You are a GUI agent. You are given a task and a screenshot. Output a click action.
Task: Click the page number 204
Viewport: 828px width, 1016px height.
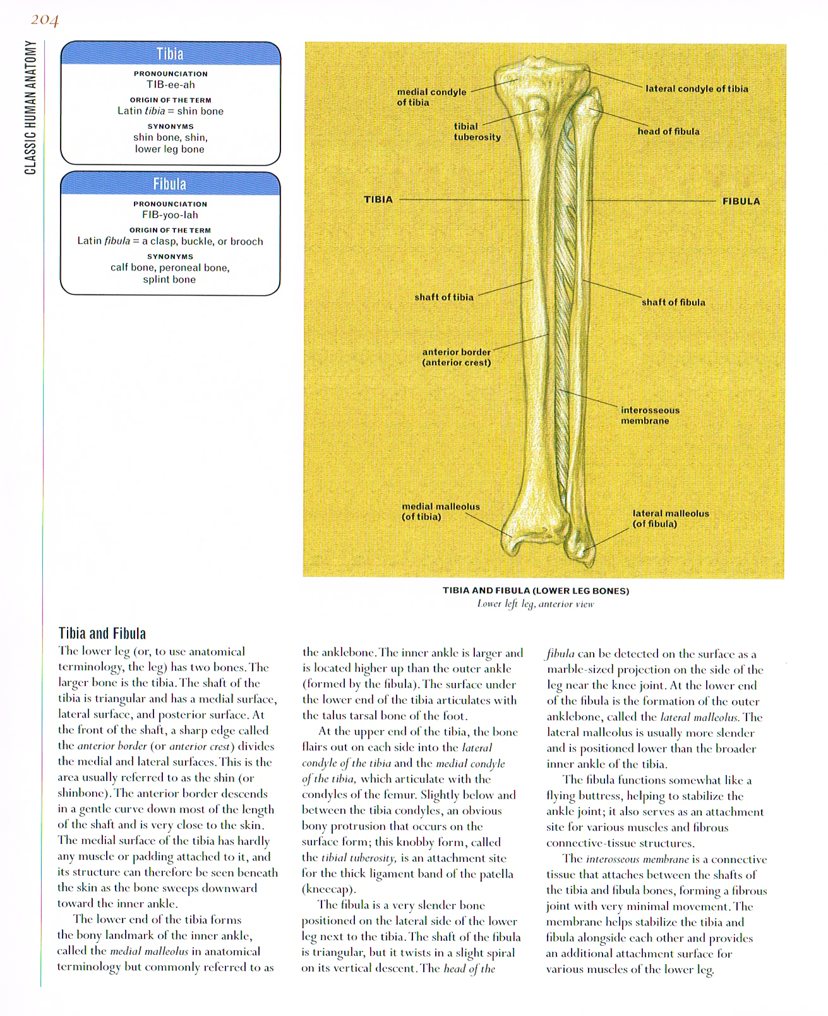pos(44,21)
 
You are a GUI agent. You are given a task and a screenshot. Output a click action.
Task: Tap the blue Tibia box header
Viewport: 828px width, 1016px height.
pos(170,54)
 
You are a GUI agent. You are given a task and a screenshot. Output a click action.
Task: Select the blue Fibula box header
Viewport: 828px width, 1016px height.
pos(170,184)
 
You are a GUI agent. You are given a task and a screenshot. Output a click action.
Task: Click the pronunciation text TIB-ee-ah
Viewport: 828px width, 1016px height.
pos(170,85)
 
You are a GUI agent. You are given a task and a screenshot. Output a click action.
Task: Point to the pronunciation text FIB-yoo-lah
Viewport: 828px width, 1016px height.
pos(170,215)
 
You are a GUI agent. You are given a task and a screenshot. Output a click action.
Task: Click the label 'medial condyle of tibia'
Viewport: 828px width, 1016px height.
pos(431,97)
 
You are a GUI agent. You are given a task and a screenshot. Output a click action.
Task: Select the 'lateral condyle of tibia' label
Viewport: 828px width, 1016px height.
pos(697,88)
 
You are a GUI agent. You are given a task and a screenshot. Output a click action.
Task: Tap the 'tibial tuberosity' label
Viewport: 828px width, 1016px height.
pos(477,131)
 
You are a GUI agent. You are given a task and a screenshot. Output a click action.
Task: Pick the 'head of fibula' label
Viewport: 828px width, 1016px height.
pos(668,131)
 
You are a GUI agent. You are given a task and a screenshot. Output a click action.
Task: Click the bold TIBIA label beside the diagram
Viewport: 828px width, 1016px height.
pos(378,200)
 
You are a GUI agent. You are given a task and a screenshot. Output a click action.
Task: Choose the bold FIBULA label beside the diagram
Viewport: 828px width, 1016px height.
pos(741,202)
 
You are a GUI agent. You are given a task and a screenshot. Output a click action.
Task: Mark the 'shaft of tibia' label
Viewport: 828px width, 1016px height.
pos(444,297)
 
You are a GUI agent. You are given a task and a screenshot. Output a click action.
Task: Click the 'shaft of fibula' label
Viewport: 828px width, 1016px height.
pos(673,302)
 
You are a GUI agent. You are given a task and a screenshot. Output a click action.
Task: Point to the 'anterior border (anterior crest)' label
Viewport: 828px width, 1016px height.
pos(456,357)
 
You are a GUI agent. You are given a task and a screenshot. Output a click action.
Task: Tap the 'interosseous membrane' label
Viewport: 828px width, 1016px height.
pos(650,415)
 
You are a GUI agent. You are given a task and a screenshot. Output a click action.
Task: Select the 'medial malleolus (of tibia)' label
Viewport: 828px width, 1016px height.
pos(441,511)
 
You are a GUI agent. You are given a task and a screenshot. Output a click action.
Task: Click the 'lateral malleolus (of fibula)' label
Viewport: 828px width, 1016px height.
pos(671,518)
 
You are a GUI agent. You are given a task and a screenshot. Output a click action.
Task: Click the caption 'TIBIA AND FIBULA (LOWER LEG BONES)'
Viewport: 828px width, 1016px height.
pos(536,591)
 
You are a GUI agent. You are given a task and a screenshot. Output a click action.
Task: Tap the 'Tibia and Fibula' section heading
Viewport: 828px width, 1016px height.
pos(102,633)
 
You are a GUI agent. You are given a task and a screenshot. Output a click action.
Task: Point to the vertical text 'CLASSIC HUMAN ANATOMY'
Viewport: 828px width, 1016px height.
pos(30,107)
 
